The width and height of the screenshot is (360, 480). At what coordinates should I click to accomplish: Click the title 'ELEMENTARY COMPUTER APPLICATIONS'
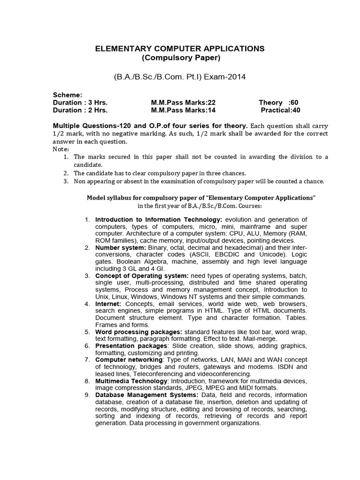pos(180,48)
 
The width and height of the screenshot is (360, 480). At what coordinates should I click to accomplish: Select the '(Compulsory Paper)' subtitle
pos(180,58)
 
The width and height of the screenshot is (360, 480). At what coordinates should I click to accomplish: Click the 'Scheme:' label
pos(67,94)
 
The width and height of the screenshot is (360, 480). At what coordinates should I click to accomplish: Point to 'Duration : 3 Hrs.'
pos(80,102)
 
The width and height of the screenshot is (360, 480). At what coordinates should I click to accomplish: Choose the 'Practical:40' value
pos(280,110)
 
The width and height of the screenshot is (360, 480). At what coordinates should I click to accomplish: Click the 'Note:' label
pos(60,149)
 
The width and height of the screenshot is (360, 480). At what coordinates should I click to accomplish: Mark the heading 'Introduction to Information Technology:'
pos(159,219)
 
